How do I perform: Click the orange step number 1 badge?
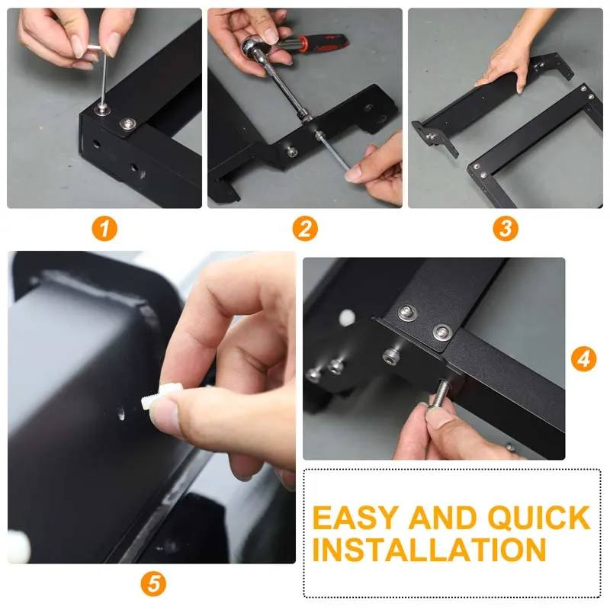104,228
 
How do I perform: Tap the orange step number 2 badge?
305,228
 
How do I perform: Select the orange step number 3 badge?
506,228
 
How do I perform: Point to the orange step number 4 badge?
583,358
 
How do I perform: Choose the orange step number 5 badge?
153,583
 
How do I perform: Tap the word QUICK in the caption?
539,518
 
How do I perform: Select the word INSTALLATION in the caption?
429,549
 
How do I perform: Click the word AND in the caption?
442,518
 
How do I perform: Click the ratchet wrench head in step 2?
253,47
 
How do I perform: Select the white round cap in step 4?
347,317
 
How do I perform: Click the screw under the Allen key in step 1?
102,109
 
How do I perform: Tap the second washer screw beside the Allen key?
127,124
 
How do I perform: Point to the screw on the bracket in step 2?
292,151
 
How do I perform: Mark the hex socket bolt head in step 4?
390,355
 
